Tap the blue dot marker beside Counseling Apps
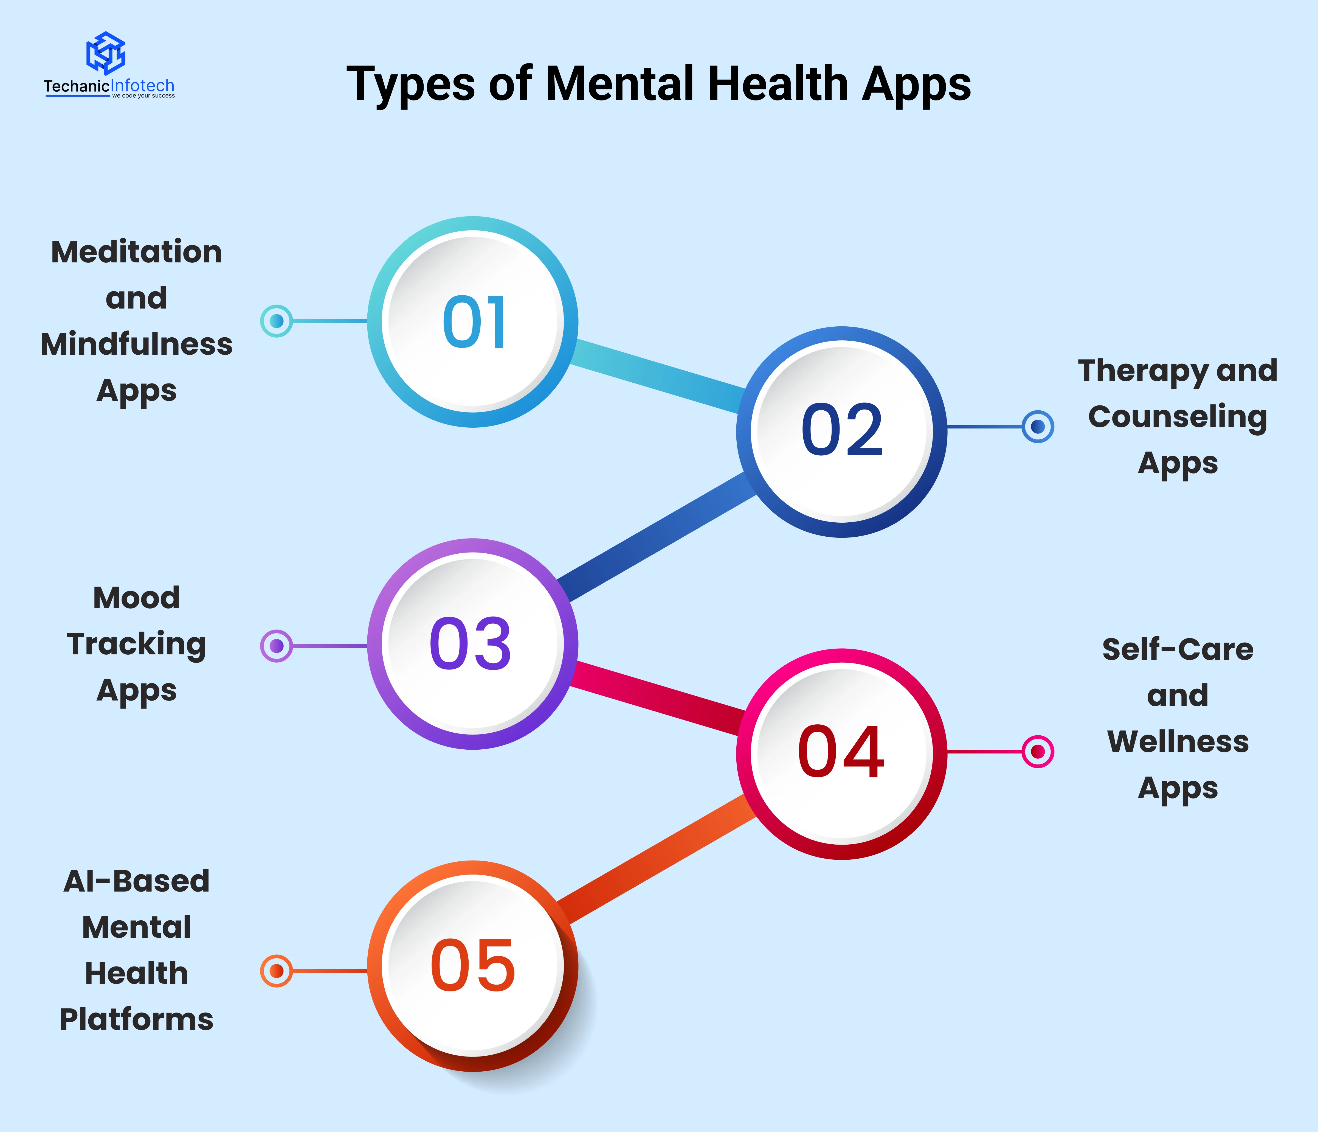click(x=1038, y=426)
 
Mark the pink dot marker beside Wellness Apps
click(x=1038, y=752)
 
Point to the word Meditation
click(x=137, y=252)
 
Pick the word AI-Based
click(x=137, y=881)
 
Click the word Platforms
click(x=137, y=1019)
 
